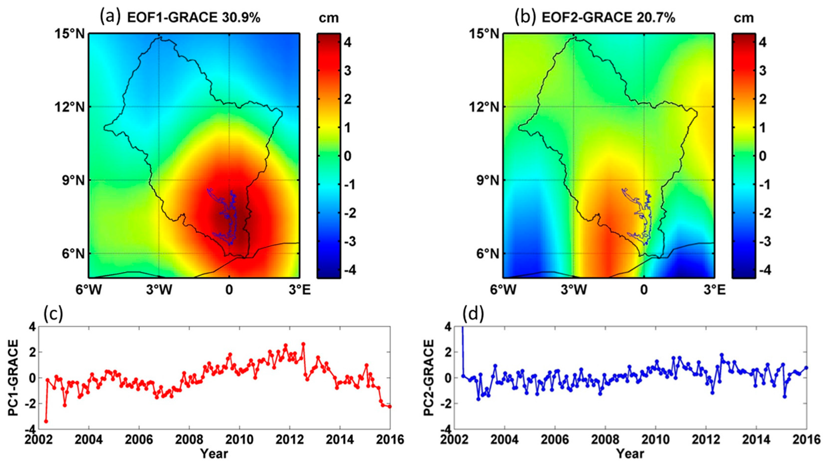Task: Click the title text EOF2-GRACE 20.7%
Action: [608, 18]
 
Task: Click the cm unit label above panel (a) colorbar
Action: [329, 18]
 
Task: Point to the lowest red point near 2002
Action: [46, 421]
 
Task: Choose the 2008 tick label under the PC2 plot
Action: [605, 440]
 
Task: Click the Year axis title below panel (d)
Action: [630, 454]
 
